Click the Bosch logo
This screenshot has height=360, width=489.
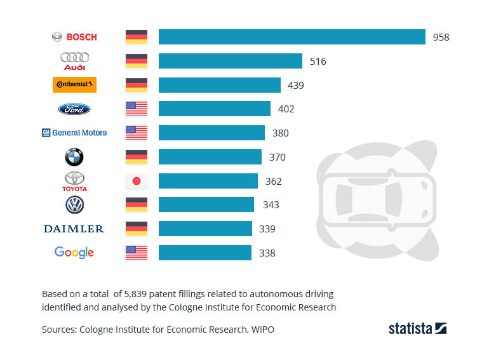click(x=74, y=37)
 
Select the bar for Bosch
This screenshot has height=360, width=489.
click(x=291, y=37)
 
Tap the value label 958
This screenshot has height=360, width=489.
click(x=441, y=37)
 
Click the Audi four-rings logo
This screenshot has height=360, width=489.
click(x=74, y=60)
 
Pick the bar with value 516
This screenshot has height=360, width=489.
click(x=230, y=61)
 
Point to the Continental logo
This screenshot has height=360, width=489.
click(x=74, y=84)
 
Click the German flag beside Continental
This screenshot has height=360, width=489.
click(x=137, y=84)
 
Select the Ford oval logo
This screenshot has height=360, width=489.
click(x=74, y=109)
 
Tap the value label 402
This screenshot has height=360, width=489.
click(x=286, y=109)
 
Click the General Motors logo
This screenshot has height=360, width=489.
click(x=74, y=133)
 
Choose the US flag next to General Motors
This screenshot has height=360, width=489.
click(x=137, y=133)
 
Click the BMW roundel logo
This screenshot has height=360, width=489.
click(x=74, y=157)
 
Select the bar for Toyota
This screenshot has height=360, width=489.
click(x=208, y=181)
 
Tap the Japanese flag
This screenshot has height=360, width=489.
click(x=137, y=181)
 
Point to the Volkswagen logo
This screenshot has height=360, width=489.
click(x=74, y=205)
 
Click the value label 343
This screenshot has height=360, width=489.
click(x=271, y=205)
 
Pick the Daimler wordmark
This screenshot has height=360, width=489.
click(x=74, y=229)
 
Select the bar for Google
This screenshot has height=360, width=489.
click(x=204, y=253)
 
